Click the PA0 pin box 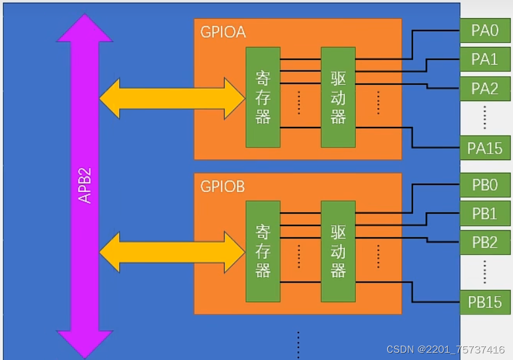pos(485,30)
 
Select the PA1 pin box pos(485,59)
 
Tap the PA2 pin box pos(485,88)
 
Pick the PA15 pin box pos(485,148)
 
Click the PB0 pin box pos(485,185)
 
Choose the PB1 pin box pos(485,214)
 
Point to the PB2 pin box pos(485,242)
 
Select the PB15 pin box pos(485,302)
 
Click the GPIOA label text pos(223,32)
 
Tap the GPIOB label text pos(223,187)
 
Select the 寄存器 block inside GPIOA pos(263,97)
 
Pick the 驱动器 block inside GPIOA pos(338,97)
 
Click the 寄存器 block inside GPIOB pos(263,251)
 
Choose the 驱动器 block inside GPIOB pos(338,251)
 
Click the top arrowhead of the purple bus pos(85,30)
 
